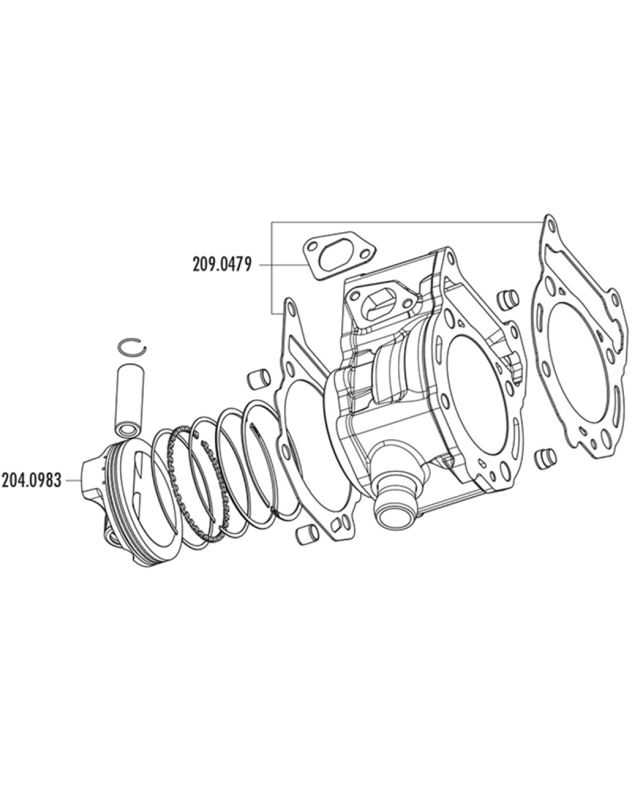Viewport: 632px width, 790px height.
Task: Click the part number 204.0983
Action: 31,480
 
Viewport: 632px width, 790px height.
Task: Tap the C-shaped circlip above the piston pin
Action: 132,346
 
